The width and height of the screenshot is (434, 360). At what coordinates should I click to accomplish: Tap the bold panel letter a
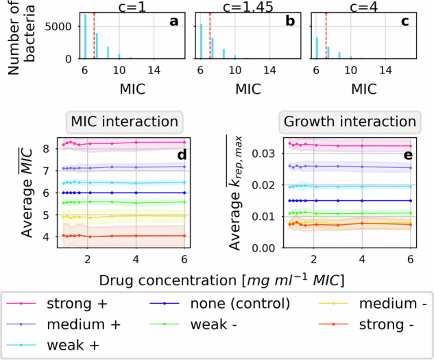pos(173,21)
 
